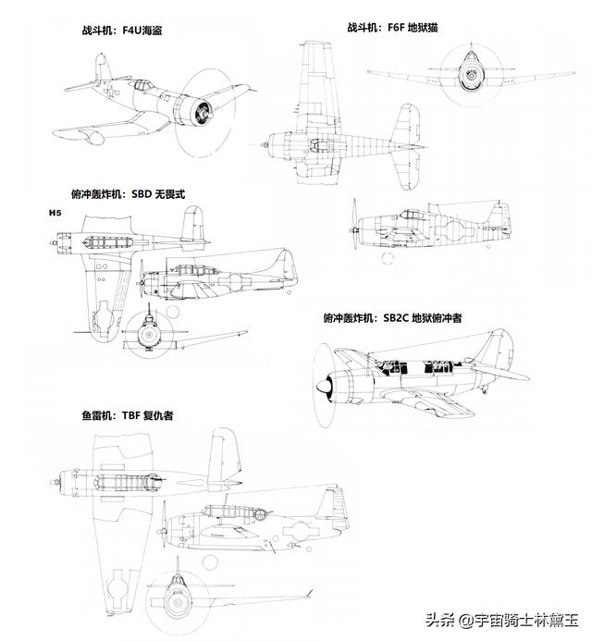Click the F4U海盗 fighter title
(122, 31)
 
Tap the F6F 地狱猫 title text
(392, 28)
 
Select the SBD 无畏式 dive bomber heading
(128, 193)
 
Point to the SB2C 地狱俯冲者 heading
(392, 317)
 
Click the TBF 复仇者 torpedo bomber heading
(127, 415)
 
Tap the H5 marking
(55, 213)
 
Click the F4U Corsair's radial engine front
(202, 113)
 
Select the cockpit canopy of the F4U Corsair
(142, 85)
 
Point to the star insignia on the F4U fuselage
(110, 92)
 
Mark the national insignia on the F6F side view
(454, 230)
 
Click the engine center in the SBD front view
(148, 335)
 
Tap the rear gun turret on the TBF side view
(260, 514)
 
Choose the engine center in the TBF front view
(178, 602)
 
